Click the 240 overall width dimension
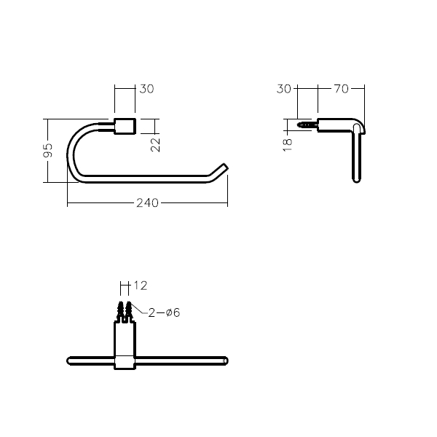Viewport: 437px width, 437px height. pyautogui.click(x=147, y=202)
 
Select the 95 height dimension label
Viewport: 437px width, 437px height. pyautogui.click(x=47, y=150)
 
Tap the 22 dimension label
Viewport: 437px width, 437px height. pyautogui.click(x=155, y=145)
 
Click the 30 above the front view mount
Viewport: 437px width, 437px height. pyautogui.click(x=146, y=89)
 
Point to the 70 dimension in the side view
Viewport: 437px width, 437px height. pyautogui.click(x=341, y=89)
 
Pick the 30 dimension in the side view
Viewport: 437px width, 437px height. pyautogui.click(x=284, y=89)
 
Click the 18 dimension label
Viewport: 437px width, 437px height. pyautogui.click(x=288, y=145)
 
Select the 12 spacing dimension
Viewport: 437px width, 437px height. pyautogui.click(x=141, y=286)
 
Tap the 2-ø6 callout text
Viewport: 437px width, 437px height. pyautogui.click(x=164, y=312)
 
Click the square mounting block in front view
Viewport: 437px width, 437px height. pyautogui.click(x=125, y=126)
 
